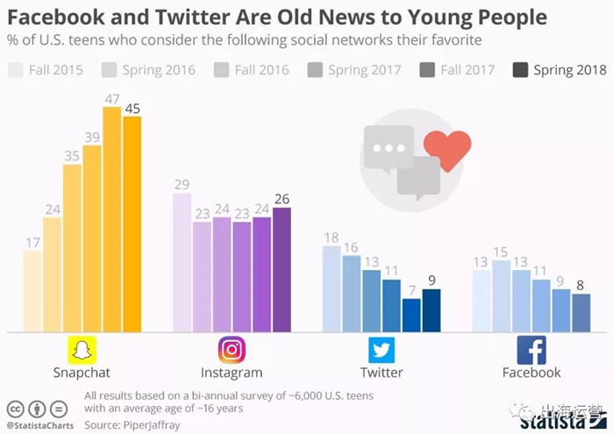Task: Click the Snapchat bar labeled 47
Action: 112,219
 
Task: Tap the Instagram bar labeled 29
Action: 182,263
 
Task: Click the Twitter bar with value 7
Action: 411,316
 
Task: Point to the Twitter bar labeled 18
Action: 331,289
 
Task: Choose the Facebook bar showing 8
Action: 581,313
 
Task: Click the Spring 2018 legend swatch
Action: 519,70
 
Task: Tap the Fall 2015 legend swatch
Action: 16,70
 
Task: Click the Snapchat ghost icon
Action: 81,349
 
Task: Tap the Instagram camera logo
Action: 232,349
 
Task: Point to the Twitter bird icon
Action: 381,349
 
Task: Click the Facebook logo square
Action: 531,349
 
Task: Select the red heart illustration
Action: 446,150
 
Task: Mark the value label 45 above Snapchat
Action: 132,109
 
